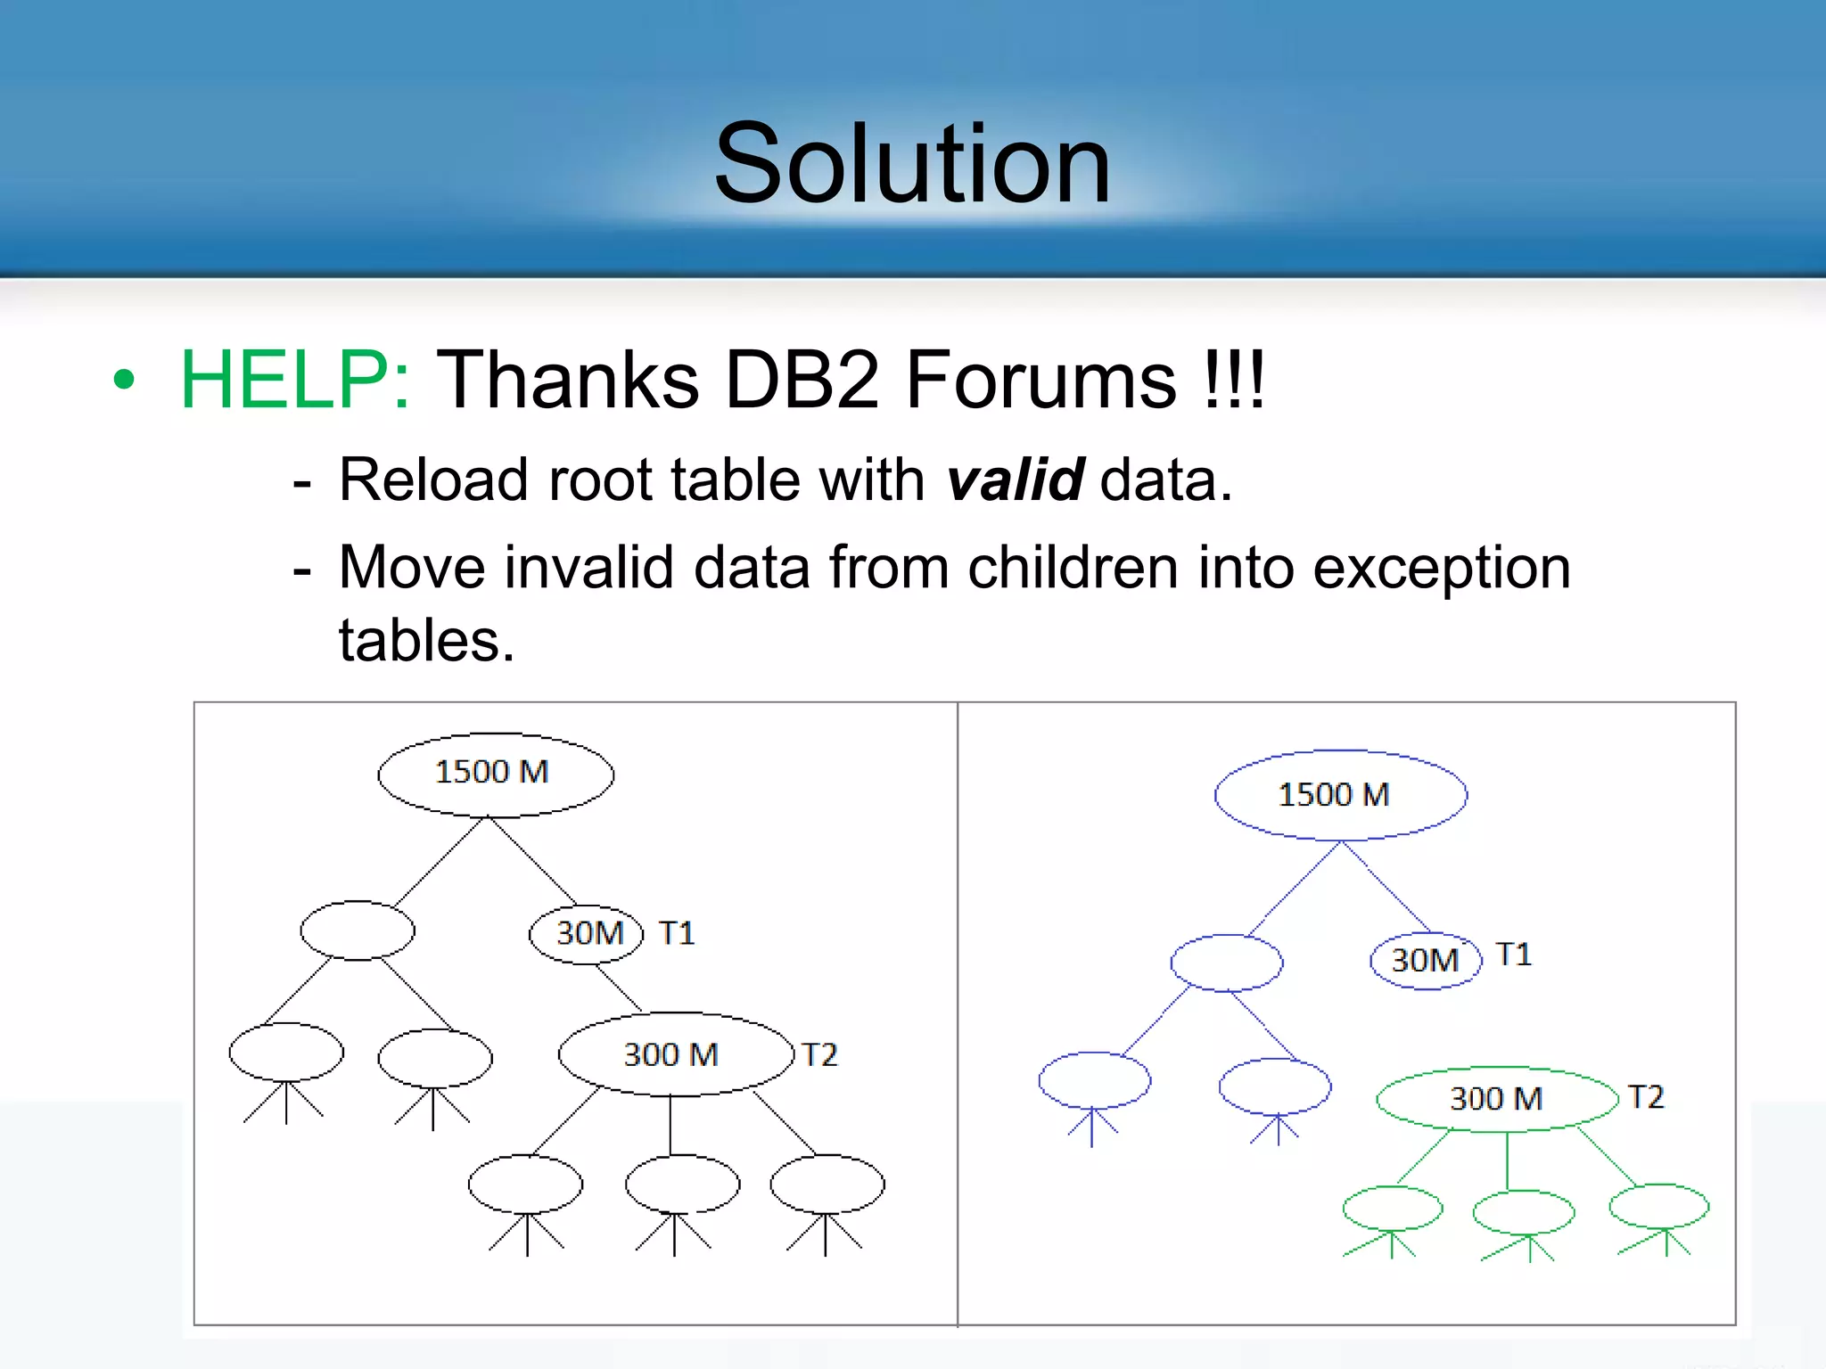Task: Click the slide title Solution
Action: pos(912,165)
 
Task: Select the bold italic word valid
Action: pos(1015,480)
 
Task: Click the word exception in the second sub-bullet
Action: pos(1441,568)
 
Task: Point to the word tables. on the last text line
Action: pos(426,641)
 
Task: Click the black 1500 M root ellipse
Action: pos(495,774)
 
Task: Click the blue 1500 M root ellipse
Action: pos(1339,794)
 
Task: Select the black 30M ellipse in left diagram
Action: pos(586,933)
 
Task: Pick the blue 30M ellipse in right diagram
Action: pos(1424,960)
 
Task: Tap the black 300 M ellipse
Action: pos(675,1054)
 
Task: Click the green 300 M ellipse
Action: pos(1496,1098)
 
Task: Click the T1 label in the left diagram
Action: pos(677,933)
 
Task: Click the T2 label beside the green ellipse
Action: pos(1646,1097)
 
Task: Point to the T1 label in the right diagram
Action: pos(1514,955)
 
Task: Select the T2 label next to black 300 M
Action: pos(819,1055)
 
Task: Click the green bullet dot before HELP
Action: pos(124,380)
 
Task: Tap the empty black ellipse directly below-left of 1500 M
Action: pos(358,930)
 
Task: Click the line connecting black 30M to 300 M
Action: pos(619,988)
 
